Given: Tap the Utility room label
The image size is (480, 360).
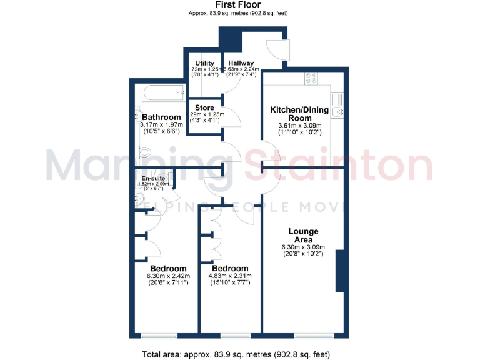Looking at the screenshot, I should point(205,63).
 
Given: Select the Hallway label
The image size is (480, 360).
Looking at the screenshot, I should point(241,63).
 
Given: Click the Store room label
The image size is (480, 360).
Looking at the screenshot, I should point(205,107).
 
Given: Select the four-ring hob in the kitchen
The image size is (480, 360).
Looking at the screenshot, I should point(311,79).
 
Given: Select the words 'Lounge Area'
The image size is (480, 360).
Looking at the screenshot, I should point(303,236).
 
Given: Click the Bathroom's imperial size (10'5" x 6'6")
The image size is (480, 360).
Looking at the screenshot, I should point(161,132).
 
